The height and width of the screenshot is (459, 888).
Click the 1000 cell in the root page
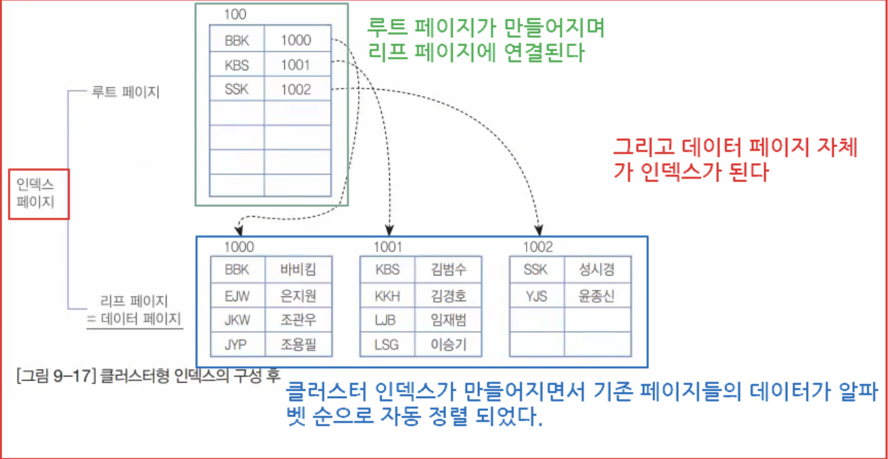tap(296, 41)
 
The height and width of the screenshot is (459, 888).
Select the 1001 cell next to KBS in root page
tap(296, 66)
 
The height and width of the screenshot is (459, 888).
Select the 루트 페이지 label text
tap(125, 92)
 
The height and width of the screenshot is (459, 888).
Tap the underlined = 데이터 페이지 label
tap(135, 319)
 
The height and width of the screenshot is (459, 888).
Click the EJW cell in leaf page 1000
tap(237, 295)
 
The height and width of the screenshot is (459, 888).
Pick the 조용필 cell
tap(298, 345)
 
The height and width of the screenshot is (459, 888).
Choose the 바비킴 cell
tap(298, 270)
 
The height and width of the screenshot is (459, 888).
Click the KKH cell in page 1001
tap(387, 295)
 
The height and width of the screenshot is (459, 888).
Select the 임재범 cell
tap(448, 320)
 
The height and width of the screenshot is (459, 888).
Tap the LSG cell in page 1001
tap(387, 345)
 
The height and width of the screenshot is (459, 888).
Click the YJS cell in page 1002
tap(536, 295)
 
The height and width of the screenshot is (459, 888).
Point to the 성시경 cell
tap(597, 270)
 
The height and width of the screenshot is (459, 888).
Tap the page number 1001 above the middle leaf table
tap(388, 247)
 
